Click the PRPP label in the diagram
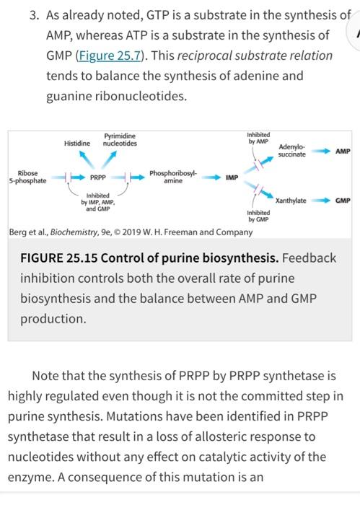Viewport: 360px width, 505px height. [x=97, y=177]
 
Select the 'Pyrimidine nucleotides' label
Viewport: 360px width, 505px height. [x=119, y=139]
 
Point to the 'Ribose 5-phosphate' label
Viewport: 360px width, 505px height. [x=27, y=177]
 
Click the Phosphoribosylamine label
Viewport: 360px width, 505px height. [x=172, y=177]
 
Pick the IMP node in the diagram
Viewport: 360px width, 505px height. [x=232, y=177]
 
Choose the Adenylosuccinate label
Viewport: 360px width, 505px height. [x=291, y=151]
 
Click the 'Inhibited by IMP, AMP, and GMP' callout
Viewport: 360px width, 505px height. [x=97, y=202]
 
